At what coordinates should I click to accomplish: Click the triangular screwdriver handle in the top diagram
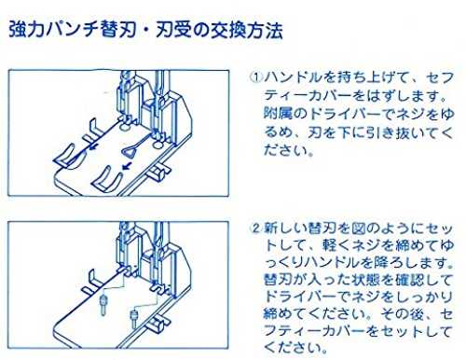[x=129, y=152]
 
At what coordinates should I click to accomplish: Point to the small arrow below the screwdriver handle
[x=126, y=167]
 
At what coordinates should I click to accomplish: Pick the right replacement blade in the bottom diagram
[x=134, y=318]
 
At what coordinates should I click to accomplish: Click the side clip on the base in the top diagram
[x=158, y=173]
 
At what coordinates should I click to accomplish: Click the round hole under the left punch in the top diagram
[x=124, y=128]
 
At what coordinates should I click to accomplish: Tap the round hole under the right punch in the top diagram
[x=158, y=145]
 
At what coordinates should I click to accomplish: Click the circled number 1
[x=256, y=76]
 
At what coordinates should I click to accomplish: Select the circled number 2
[x=256, y=228]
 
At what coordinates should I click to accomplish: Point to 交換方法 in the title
[x=246, y=30]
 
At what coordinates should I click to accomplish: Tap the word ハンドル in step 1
[x=293, y=77]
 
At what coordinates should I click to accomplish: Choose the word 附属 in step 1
[x=278, y=113]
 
